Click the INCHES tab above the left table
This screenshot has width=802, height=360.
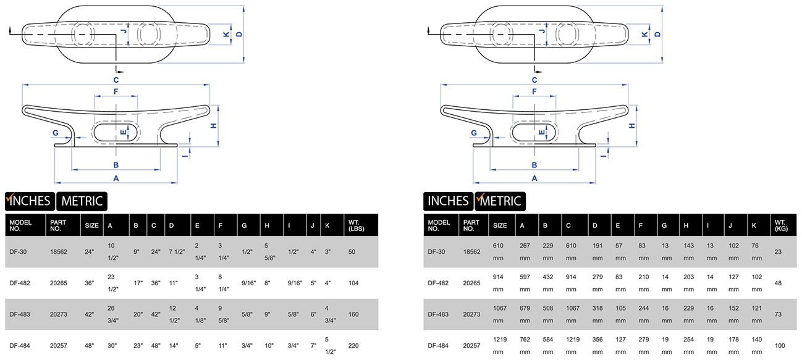coord(30,201)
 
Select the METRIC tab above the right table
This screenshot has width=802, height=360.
coord(500,201)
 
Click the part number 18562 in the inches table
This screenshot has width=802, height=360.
coord(58,252)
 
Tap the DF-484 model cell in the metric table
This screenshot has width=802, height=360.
coord(438,346)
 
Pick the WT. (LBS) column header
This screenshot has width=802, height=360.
coord(356,225)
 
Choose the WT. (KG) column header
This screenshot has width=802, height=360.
coord(781,225)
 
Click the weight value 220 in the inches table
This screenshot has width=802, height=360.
coord(353,346)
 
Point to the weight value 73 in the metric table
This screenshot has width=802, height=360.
coord(778,314)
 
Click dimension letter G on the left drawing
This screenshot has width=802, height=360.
coord(56,133)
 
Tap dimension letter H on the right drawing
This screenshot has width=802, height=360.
coord(632,125)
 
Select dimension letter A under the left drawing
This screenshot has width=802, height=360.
coord(116,178)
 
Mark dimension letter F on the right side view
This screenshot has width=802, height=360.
coord(534,91)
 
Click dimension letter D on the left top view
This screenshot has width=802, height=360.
coord(240,35)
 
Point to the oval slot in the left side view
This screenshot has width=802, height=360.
coord(115,132)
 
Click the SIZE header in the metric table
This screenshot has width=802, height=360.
coord(500,225)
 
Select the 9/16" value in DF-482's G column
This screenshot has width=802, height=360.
coord(248,283)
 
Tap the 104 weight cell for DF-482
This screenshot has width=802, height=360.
coord(353,283)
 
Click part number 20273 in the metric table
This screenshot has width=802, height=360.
coord(471,314)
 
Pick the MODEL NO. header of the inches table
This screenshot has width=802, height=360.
coord(20,225)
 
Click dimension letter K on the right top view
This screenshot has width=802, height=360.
coord(645,35)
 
